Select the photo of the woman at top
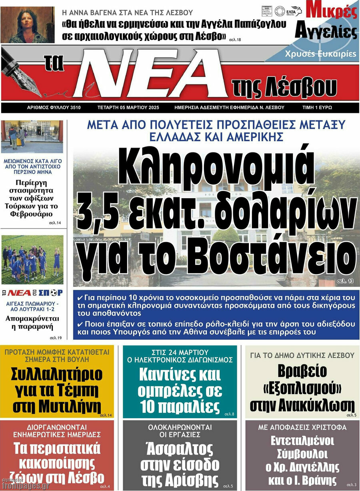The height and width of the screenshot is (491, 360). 27,24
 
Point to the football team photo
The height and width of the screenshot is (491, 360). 32,259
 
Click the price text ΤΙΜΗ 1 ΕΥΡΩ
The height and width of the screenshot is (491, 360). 317,108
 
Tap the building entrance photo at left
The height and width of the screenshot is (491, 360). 32,137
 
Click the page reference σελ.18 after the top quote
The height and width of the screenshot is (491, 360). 235,40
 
